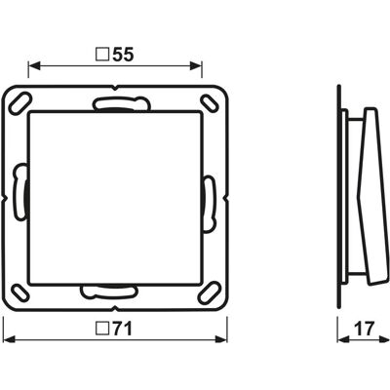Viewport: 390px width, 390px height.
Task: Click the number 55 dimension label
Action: [x=123, y=55]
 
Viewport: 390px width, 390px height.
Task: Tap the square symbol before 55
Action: [x=102, y=55]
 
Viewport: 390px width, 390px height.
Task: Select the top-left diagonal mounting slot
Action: [x=20, y=103]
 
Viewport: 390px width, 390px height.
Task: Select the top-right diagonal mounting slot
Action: [x=210, y=102]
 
